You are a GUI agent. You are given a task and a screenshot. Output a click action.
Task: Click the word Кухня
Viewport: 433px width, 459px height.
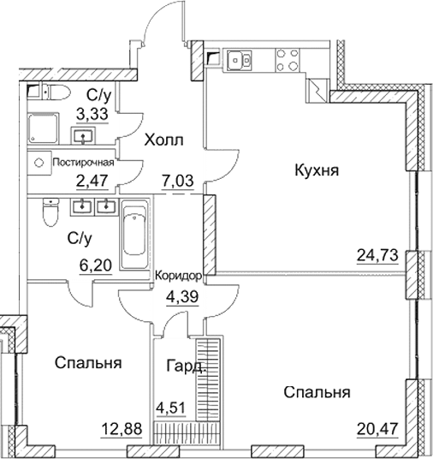316,170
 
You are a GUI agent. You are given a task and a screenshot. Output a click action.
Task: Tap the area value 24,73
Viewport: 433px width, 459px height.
377,254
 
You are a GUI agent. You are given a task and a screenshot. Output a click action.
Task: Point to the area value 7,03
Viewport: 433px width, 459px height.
177,181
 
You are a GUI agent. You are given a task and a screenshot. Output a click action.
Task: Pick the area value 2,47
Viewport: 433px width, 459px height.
94,181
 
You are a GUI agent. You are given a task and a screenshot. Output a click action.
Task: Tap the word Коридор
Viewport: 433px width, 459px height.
179,275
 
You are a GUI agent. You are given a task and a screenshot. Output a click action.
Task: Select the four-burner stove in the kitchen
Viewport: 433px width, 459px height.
285,60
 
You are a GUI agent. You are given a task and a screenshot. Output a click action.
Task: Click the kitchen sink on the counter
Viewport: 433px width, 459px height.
238,60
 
